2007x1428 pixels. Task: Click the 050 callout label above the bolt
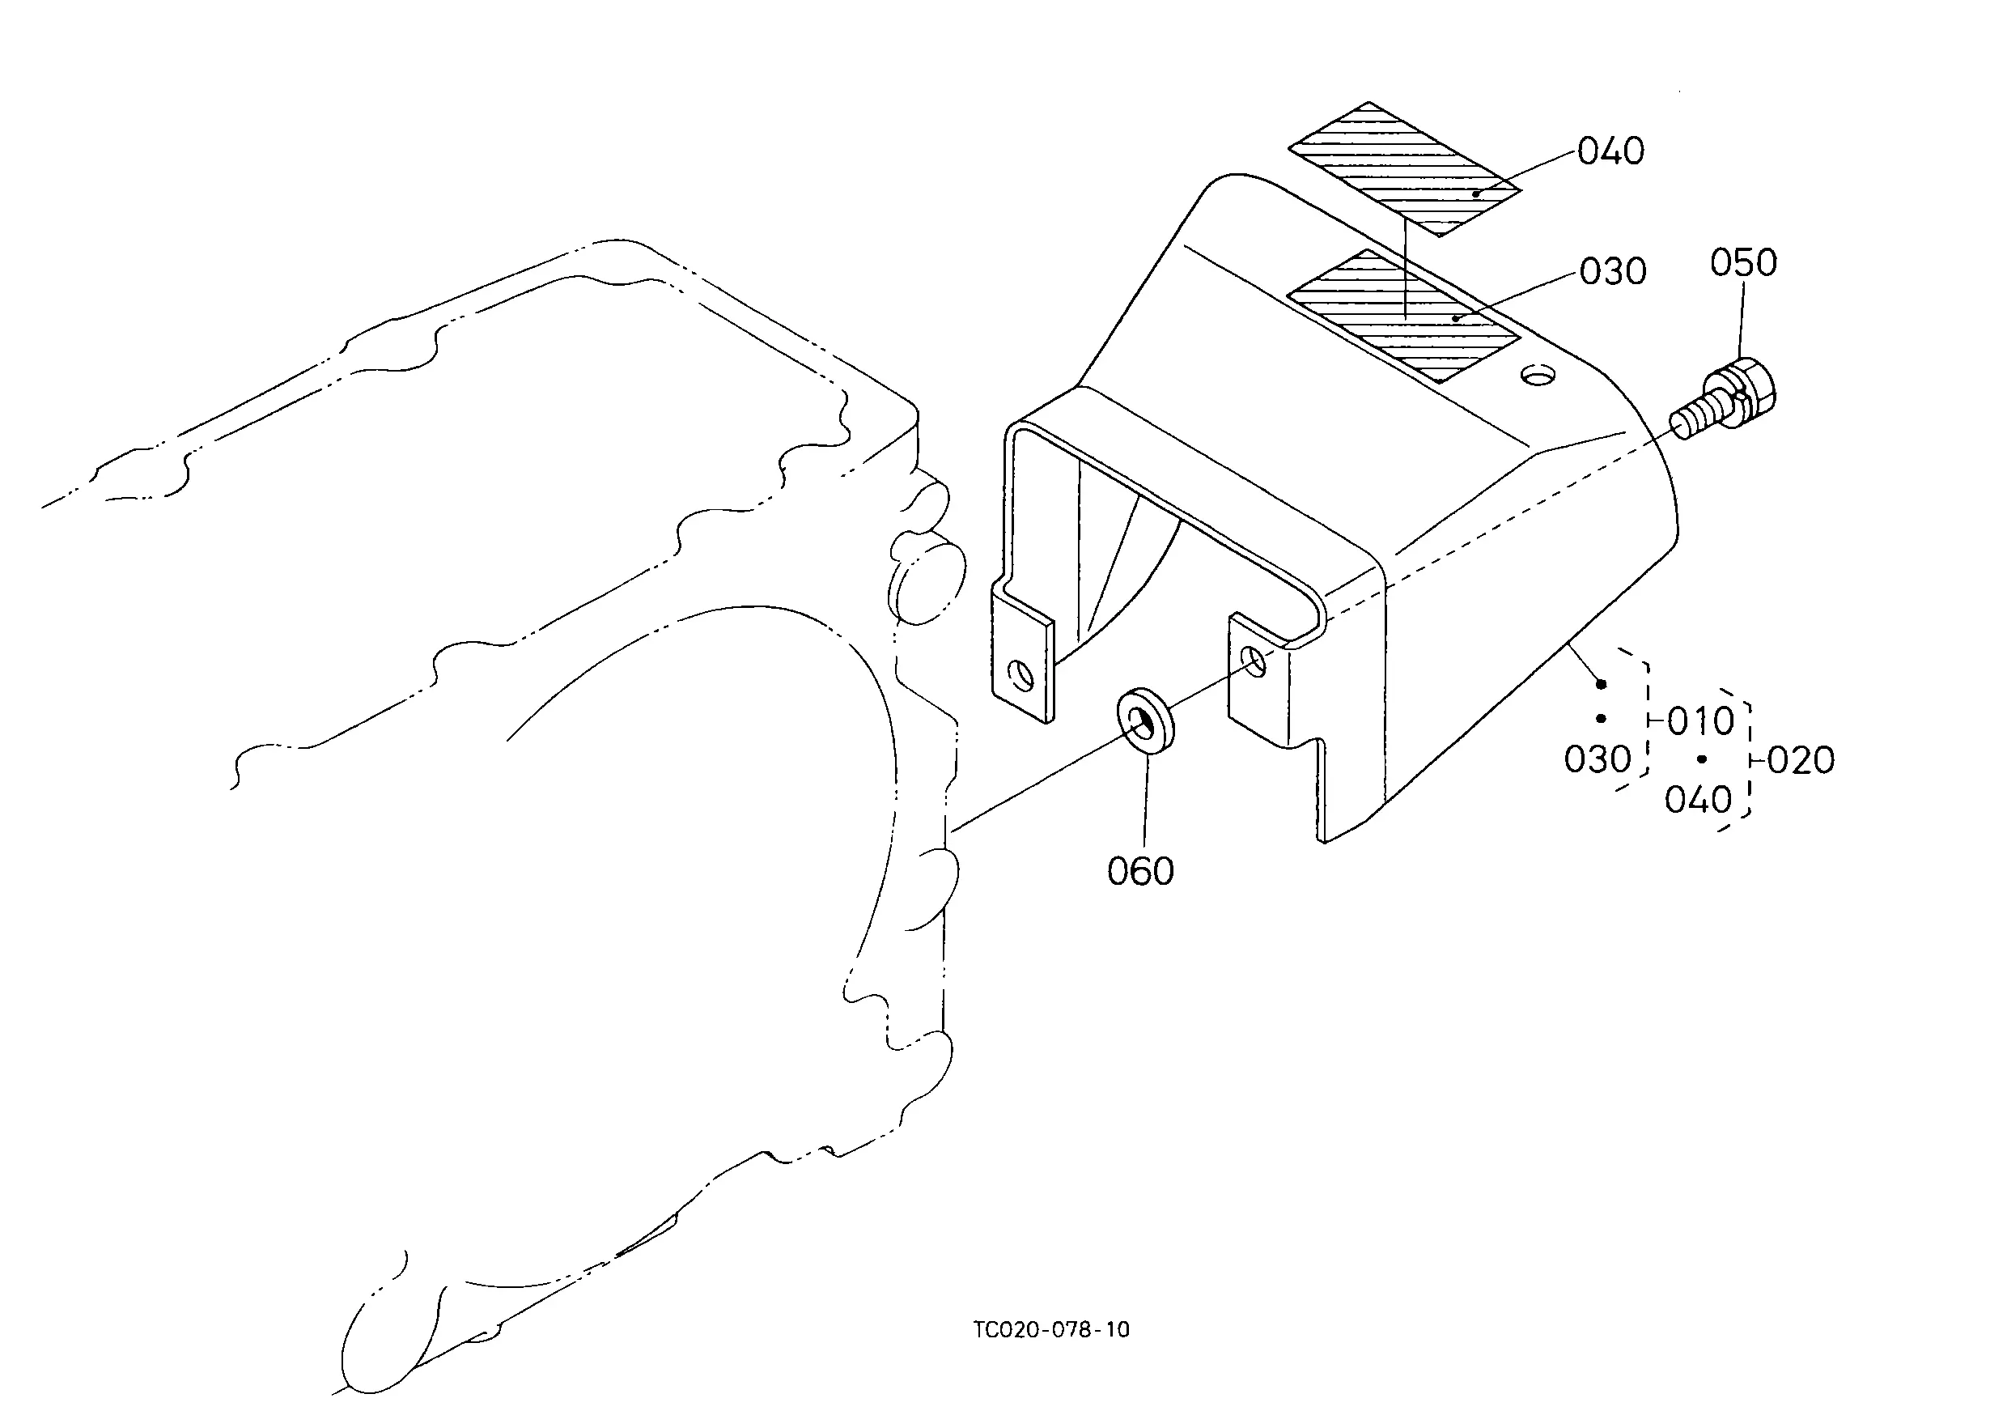pos(1743,263)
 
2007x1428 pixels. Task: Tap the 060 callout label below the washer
pos(1140,871)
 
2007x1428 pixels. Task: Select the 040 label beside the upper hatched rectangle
pos(1610,151)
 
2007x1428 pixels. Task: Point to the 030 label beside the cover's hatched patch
pos(1612,272)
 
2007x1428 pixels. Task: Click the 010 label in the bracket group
pos(1701,722)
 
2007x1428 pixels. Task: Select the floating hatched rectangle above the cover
pos(1405,170)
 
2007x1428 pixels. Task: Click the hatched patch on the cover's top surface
pos(1404,317)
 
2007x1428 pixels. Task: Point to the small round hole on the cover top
pos(1538,376)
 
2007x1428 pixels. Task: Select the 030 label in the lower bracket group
pos(1597,759)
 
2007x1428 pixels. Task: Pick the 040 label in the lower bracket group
pos(1699,800)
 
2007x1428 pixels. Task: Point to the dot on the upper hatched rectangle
pos(1476,193)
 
